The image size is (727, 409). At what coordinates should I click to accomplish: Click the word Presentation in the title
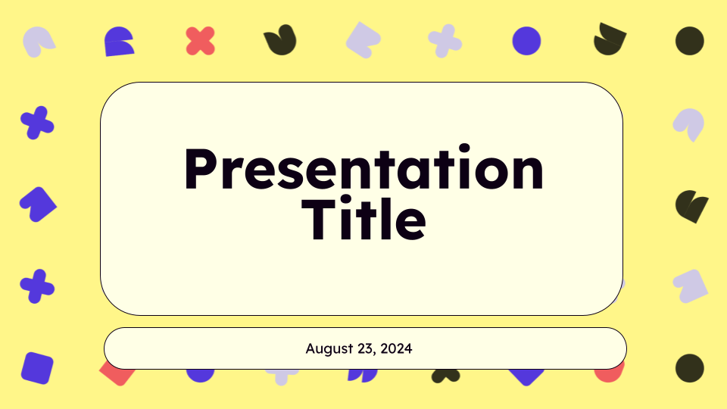click(x=364, y=169)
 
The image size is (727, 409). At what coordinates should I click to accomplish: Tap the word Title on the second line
click(x=364, y=218)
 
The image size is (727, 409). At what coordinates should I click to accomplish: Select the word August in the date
click(x=329, y=348)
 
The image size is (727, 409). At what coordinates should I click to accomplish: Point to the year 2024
click(x=396, y=348)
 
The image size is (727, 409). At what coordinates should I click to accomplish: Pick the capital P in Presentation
click(x=201, y=169)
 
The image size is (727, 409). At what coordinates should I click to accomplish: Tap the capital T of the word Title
click(x=319, y=219)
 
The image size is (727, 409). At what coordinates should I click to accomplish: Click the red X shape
click(x=200, y=41)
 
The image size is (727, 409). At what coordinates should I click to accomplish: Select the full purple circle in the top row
click(x=526, y=41)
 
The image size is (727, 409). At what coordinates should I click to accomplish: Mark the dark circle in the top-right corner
click(x=689, y=41)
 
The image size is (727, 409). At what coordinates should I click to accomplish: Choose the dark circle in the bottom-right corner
click(x=689, y=368)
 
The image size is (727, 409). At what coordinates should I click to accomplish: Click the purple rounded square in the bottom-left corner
click(x=37, y=368)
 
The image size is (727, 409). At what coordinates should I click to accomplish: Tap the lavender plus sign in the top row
click(x=445, y=41)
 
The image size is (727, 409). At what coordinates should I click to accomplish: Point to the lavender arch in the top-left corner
click(x=37, y=41)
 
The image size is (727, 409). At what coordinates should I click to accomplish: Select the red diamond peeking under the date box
click(x=116, y=375)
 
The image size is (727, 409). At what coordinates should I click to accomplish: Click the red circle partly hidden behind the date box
click(x=608, y=375)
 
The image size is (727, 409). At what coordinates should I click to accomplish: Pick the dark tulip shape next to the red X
click(x=280, y=40)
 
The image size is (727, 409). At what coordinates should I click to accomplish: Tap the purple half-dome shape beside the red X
click(x=119, y=42)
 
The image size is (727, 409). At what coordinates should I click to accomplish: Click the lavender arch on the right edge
click(x=689, y=123)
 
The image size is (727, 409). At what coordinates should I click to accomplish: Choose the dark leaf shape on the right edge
click(x=691, y=206)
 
